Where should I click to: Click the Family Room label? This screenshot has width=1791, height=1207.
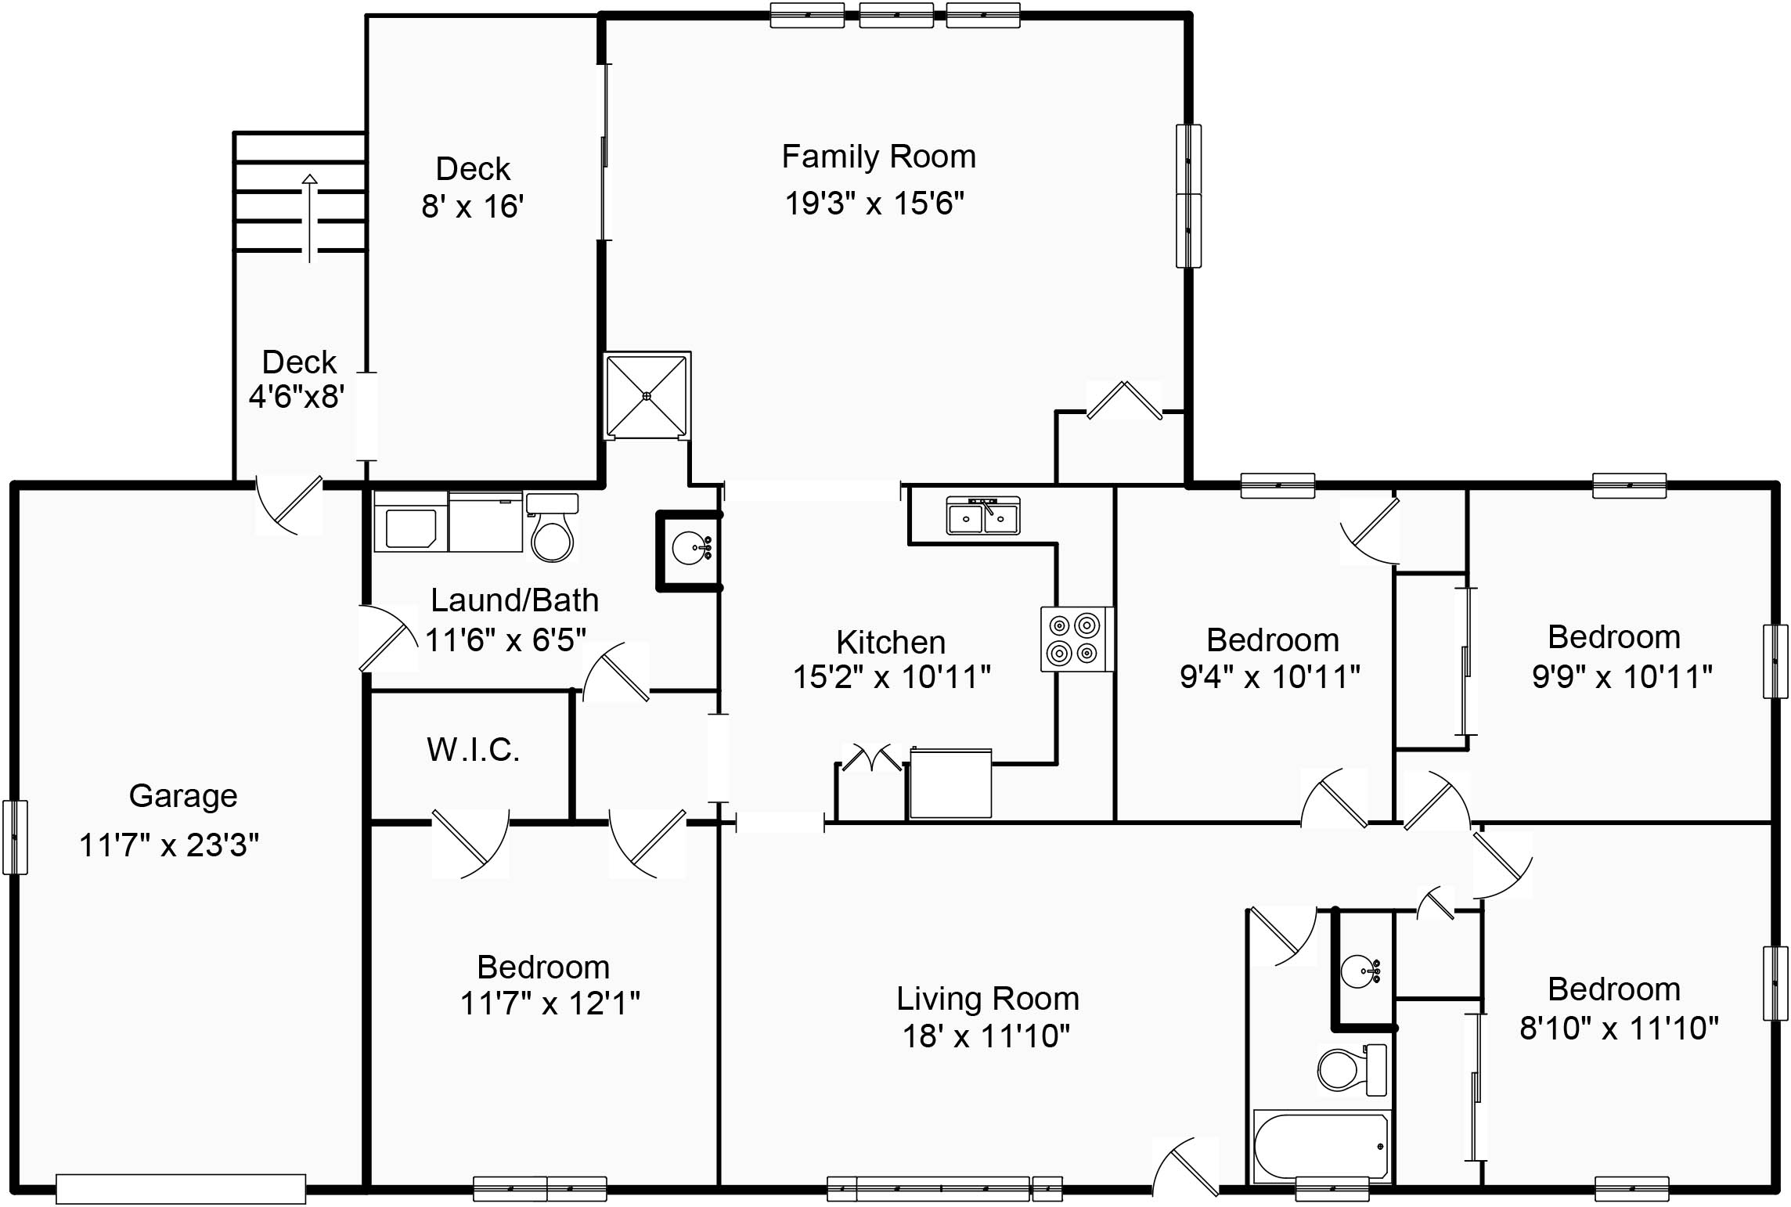(x=878, y=157)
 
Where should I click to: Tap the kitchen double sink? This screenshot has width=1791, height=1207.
(x=983, y=516)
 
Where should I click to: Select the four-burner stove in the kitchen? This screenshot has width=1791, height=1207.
(x=1077, y=639)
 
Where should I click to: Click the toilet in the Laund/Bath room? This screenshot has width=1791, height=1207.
(x=552, y=528)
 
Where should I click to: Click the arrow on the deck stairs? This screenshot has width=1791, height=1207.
(x=310, y=218)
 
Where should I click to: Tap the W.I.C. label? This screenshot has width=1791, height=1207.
(x=474, y=750)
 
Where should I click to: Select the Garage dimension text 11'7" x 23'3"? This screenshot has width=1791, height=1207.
(x=169, y=845)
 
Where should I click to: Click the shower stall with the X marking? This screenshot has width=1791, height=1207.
(x=647, y=395)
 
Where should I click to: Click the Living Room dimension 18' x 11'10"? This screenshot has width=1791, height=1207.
(x=986, y=1036)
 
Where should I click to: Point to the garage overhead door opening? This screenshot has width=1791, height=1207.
(x=181, y=1189)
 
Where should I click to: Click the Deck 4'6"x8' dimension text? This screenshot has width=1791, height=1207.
(x=297, y=396)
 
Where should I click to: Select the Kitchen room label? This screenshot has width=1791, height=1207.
(x=891, y=643)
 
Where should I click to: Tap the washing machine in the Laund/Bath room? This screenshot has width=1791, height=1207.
(x=410, y=521)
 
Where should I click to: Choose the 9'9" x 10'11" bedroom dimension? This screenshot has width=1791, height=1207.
(x=1622, y=676)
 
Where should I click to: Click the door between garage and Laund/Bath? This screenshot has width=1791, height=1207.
(x=387, y=638)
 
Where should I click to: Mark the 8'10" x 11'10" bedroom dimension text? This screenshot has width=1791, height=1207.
(x=1619, y=1028)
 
